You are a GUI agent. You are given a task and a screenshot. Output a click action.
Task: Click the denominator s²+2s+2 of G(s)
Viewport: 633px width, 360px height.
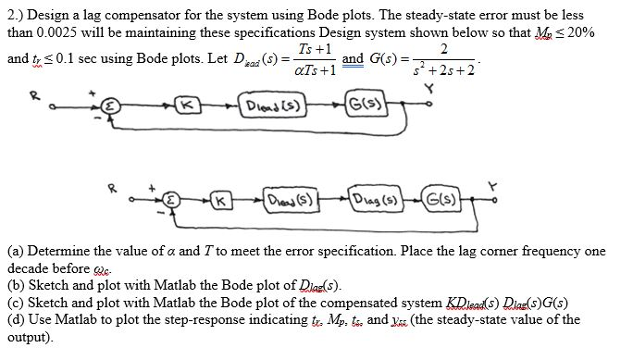[448, 69]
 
